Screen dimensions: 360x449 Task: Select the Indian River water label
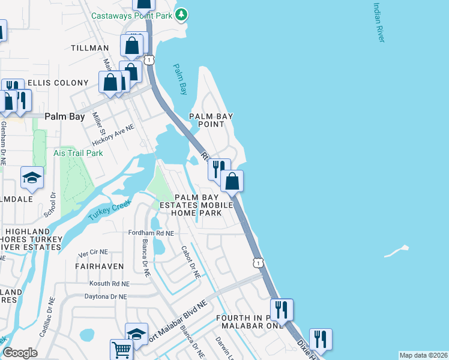[x=378, y=23]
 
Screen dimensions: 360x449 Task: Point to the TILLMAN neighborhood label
[x=90, y=48]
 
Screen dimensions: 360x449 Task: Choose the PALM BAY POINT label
[x=211, y=120]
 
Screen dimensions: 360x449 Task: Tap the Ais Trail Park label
[x=78, y=153]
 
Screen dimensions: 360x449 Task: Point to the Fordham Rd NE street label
[x=151, y=233]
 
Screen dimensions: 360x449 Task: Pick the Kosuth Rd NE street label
[x=109, y=283]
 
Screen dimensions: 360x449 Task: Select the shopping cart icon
[x=121, y=350]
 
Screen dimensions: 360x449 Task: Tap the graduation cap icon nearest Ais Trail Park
[x=32, y=178]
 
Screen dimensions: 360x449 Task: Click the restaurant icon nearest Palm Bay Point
[x=219, y=169]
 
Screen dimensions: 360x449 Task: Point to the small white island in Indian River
[x=396, y=251]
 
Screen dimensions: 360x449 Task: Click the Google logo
[x=20, y=353]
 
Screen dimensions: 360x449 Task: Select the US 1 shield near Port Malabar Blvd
[x=258, y=263]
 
